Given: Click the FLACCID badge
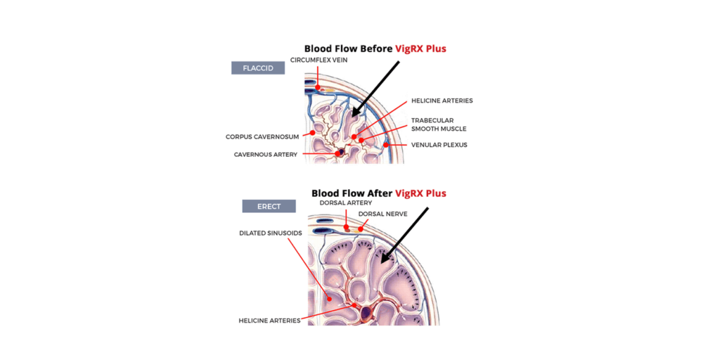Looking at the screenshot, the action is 257,68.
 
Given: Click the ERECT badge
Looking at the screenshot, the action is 269,206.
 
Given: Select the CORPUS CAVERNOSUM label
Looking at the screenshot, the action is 263,137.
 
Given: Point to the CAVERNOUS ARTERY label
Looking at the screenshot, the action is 265,155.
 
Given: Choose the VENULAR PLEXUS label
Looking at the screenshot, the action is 439,145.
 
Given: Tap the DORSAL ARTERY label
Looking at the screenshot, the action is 346,202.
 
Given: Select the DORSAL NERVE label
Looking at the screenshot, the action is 382,214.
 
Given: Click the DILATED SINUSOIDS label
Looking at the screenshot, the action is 271,233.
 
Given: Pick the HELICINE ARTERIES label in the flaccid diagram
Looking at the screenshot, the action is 442,100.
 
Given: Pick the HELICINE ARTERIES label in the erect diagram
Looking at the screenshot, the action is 269,320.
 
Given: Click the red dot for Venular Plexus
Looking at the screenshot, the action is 386,145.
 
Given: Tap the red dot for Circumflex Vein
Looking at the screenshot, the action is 318,88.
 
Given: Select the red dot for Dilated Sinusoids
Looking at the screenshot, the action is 329,298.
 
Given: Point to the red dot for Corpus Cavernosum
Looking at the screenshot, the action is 313,133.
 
